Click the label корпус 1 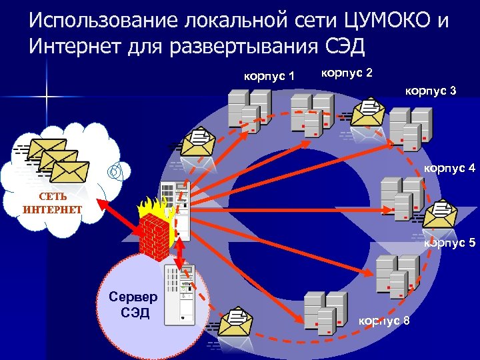coord(269,76)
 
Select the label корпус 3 coord(431,90)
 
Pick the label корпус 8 coord(384,321)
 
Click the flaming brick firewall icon coord(156,228)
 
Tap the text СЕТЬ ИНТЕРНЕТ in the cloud coord(52,204)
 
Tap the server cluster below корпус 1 coord(249,111)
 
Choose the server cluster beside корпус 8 coord(325,313)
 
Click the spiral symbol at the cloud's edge coord(115,171)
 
